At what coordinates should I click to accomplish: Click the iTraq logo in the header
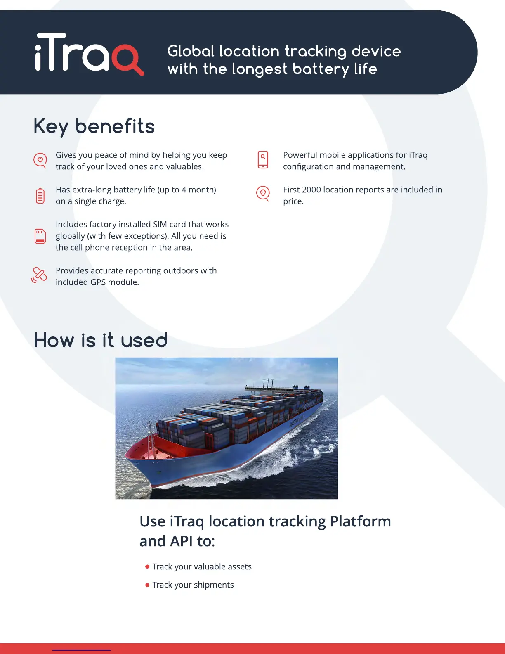[89, 54]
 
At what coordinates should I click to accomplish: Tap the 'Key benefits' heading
[94, 126]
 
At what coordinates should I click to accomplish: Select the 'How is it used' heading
[101, 341]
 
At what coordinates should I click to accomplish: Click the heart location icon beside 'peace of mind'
[40, 160]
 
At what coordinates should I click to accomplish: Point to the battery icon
[40, 195]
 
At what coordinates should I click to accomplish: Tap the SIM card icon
[40, 236]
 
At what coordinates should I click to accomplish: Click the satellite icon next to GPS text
[39, 275]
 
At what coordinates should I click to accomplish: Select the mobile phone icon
[263, 160]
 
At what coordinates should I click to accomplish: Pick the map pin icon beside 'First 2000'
[263, 193]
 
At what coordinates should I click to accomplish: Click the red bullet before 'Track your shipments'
[147, 585]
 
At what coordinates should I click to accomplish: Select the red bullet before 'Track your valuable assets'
[147, 567]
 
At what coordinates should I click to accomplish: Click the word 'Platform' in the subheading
[360, 521]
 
